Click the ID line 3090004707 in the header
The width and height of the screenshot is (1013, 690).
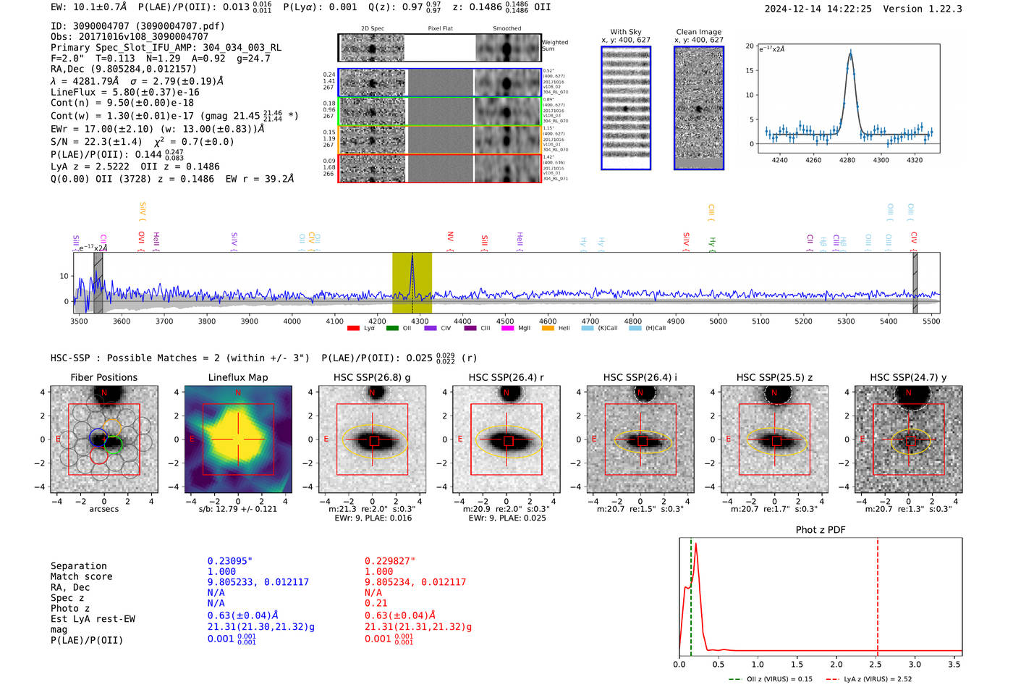[137, 26]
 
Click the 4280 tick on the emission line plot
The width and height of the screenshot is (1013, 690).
[847, 159]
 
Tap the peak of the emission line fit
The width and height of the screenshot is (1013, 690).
[850, 51]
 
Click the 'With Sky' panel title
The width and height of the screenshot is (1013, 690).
[625, 32]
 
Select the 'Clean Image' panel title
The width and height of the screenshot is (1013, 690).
[698, 32]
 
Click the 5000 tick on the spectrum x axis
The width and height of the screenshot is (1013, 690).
[718, 321]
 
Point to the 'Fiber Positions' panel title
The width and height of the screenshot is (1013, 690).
[103, 377]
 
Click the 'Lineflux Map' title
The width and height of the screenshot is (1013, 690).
[237, 377]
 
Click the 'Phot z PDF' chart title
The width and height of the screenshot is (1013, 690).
[820, 529]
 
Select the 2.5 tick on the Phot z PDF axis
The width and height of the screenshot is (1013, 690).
[876, 664]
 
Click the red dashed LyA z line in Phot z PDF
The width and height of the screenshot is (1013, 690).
[878, 594]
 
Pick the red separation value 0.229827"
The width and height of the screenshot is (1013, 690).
[390, 561]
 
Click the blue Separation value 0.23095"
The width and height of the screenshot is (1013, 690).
[229, 561]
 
